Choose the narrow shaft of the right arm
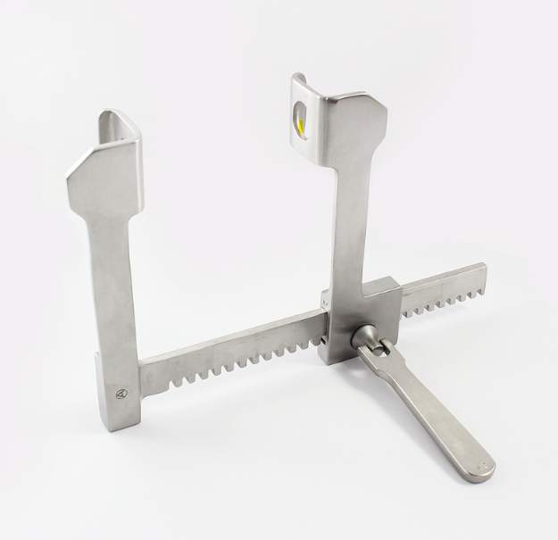tap(345, 223)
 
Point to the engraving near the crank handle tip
tap(483, 465)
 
